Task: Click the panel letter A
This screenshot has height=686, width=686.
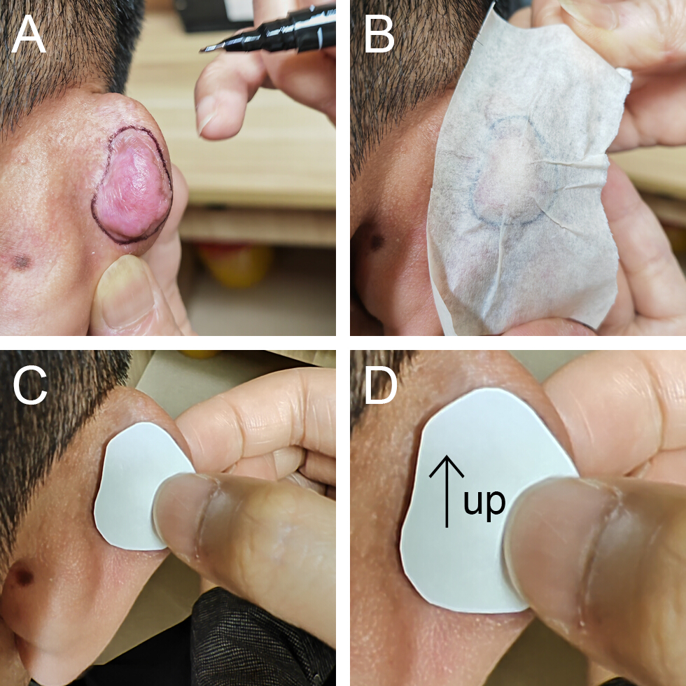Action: click(29, 34)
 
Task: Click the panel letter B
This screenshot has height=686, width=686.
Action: click(379, 34)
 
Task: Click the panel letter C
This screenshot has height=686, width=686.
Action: click(29, 386)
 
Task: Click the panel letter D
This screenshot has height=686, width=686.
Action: click(381, 386)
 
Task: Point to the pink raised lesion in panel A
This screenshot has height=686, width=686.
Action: click(132, 185)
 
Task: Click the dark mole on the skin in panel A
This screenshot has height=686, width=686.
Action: click(20, 262)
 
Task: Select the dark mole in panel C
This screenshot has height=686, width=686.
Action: click(22, 577)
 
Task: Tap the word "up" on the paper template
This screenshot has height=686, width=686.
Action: click(484, 503)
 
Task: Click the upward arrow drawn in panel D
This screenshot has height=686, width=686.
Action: click(447, 491)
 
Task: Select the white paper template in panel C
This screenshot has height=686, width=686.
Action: click(140, 486)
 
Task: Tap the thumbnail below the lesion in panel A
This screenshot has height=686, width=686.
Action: click(118, 293)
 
